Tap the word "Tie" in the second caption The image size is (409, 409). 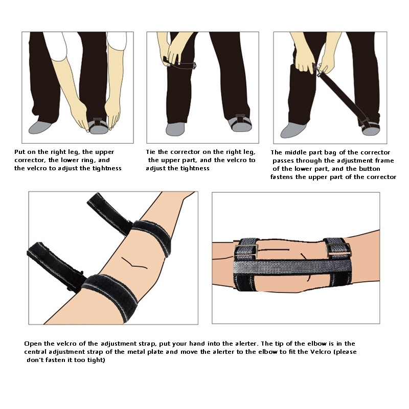[151, 152]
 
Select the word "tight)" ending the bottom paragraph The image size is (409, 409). [96, 360]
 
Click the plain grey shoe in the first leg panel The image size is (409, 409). [40, 127]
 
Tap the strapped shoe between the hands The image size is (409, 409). [98, 126]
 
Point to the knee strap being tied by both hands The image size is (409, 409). [180, 63]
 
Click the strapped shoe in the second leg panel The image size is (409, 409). [240, 123]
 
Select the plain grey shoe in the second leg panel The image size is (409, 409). [175, 129]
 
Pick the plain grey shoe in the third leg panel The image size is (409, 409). [293, 130]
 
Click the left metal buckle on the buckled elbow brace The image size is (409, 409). [246, 251]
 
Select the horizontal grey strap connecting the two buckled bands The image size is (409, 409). [292, 267]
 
